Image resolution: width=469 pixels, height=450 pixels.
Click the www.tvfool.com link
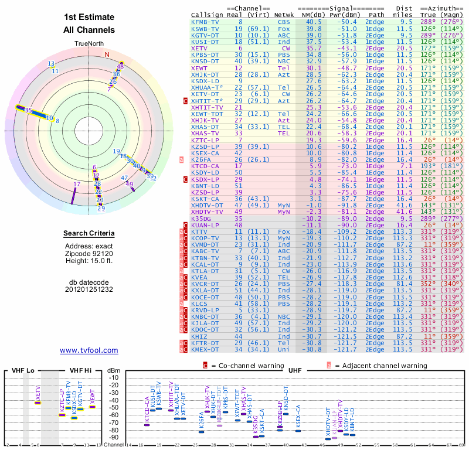tap(89, 350)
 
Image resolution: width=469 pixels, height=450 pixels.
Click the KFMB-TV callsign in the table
tap(205, 22)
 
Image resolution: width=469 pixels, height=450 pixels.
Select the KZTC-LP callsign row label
tap(205, 141)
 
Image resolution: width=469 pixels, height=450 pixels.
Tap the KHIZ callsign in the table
tap(200, 337)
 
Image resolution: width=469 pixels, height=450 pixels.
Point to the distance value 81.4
tap(403, 284)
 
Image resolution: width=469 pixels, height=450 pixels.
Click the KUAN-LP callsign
tap(205, 224)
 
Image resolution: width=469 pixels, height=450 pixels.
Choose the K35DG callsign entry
tap(203, 218)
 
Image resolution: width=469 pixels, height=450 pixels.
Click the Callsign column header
tap(208, 15)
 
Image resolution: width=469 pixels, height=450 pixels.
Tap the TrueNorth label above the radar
tap(89, 44)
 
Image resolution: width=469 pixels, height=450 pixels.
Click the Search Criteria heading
tap(89, 234)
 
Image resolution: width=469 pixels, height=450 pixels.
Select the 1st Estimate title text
tap(89, 16)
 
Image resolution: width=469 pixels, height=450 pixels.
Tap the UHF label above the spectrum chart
tap(295, 370)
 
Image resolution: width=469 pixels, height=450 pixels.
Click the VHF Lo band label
tap(23, 370)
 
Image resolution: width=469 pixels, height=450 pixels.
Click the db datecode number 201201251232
tap(89, 289)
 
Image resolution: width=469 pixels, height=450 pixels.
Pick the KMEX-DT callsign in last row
tap(205, 350)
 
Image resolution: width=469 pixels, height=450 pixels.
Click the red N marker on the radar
tap(107, 55)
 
